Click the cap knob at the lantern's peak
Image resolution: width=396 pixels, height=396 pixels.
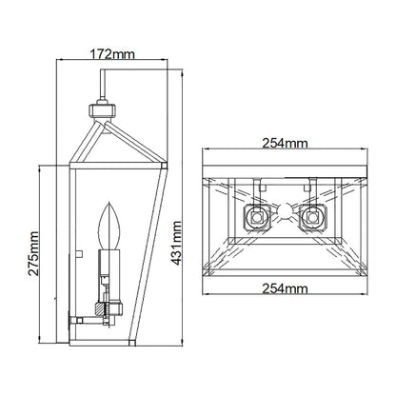point(100,109)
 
